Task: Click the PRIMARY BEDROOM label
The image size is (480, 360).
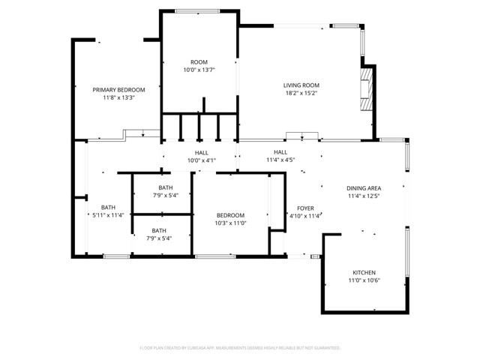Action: tap(118, 89)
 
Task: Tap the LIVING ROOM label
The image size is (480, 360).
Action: tap(301, 85)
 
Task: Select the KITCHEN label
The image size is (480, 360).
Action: tap(364, 272)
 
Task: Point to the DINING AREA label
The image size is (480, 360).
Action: tap(364, 188)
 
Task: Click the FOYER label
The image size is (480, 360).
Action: tap(305, 208)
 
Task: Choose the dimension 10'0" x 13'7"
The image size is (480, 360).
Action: tap(199, 70)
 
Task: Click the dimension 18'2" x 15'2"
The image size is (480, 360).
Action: tap(301, 94)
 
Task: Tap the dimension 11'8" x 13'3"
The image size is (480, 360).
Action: tap(118, 97)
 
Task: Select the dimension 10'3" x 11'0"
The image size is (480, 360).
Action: tap(231, 223)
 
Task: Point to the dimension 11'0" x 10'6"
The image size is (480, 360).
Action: tap(364, 280)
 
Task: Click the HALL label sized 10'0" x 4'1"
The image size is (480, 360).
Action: tap(200, 152)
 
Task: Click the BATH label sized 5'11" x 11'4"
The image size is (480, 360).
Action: tap(108, 208)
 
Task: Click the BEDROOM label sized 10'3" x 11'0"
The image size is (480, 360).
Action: tap(231, 215)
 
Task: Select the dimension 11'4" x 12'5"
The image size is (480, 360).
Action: tap(364, 196)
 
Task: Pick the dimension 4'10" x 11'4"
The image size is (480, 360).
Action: tap(305, 216)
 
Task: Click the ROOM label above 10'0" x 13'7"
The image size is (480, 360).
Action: tap(199, 61)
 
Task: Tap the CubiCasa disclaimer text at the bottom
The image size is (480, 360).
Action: tap(240, 348)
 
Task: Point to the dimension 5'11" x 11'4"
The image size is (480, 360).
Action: tap(108, 216)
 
